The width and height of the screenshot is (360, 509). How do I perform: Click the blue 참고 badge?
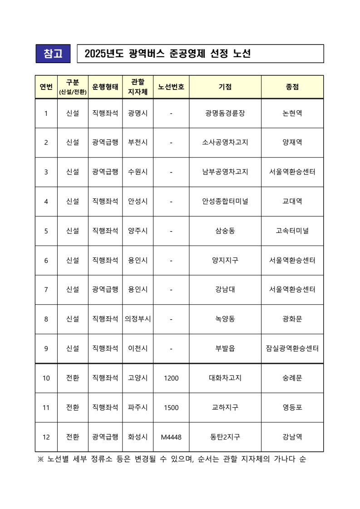(x=53, y=54)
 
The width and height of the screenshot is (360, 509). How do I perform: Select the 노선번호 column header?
(x=171, y=87)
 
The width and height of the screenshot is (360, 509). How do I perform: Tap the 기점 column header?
(x=225, y=87)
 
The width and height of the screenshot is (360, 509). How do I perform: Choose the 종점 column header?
(x=292, y=87)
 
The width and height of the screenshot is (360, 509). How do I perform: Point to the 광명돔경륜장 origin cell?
(x=225, y=113)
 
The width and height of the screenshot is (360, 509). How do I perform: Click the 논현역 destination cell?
(x=292, y=113)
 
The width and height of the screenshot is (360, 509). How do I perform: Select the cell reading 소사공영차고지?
(x=225, y=143)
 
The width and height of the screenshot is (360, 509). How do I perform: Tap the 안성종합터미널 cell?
(x=225, y=201)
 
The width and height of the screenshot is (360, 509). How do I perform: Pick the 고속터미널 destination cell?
(x=292, y=231)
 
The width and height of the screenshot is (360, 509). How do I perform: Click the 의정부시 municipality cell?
(x=138, y=319)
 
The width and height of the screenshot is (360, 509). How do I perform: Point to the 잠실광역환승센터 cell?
(x=292, y=348)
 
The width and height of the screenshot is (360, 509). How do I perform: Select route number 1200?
(x=171, y=378)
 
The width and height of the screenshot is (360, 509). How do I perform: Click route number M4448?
(x=171, y=437)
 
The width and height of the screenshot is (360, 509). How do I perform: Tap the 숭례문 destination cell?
(x=292, y=378)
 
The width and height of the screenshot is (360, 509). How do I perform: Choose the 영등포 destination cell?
(x=292, y=407)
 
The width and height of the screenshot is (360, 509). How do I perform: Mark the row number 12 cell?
(x=46, y=437)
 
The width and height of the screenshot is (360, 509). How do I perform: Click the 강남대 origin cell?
(x=225, y=289)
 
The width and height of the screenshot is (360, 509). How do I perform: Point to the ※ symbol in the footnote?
(x=40, y=459)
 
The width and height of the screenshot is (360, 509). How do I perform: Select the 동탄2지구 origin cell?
(x=225, y=437)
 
